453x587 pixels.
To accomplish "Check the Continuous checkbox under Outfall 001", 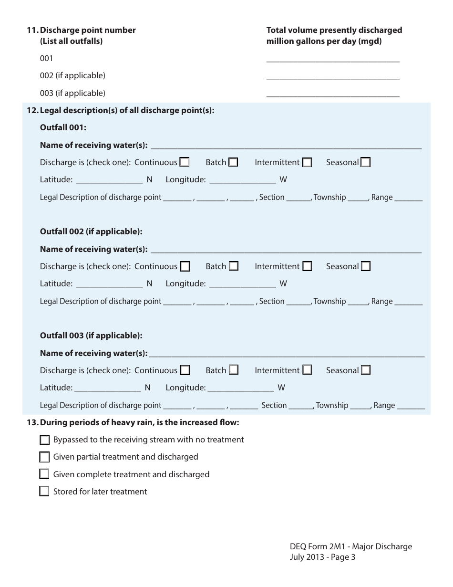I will click(x=185, y=162).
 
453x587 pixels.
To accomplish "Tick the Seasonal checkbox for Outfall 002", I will click(x=366, y=266).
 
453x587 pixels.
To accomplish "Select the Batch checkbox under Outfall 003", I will click(x=233, y=370).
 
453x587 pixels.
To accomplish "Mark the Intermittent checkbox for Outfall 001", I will click(x=307, y=162).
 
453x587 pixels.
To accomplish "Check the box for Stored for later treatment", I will click(x=44, y=491).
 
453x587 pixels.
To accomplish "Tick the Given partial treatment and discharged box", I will click(x=44, y=457).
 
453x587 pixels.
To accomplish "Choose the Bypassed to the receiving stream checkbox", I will click(x=44, y=440).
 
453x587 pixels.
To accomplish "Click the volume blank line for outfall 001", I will click(x=332, y=60).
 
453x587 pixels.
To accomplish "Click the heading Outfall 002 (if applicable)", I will click(x=91, y=231).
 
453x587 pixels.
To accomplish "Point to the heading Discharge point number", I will click(x=88, y=30).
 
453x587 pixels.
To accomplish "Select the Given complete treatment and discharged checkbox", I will click(x=44, y=474).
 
